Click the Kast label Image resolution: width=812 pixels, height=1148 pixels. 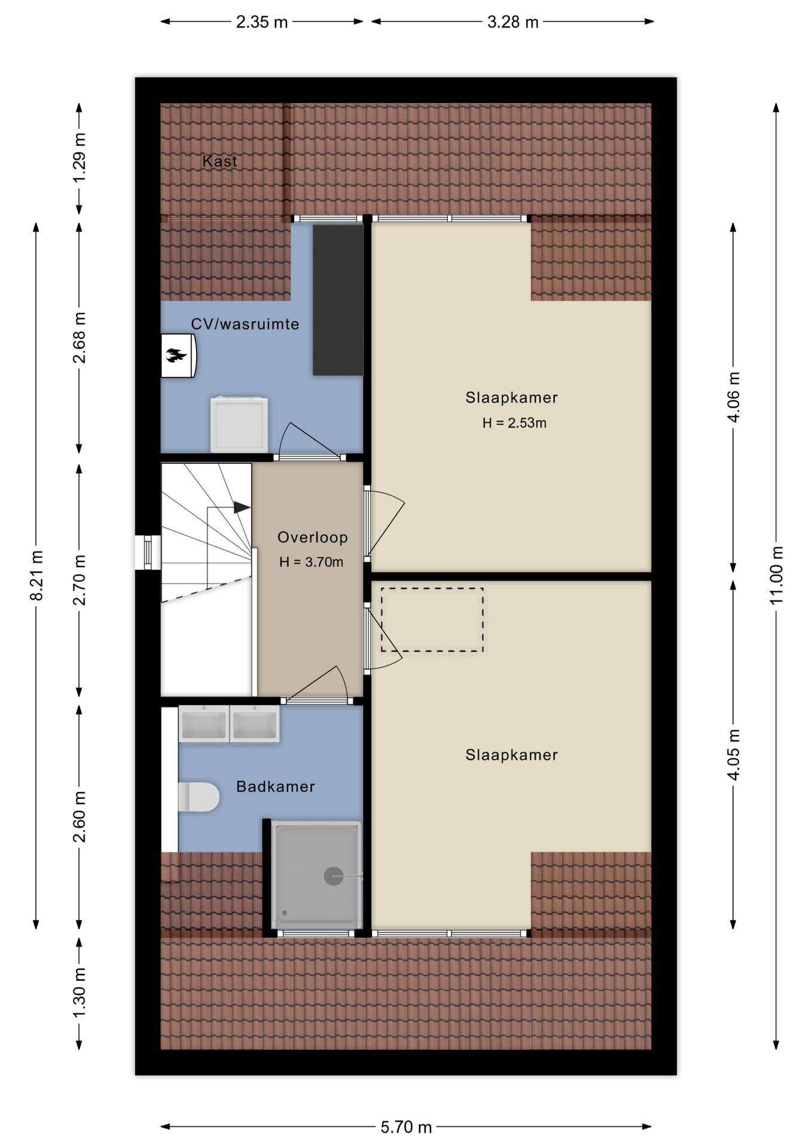[x=219, y=161]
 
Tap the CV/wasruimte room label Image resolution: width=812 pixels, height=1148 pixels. [x=245, y=324]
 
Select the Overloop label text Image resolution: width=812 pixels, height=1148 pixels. [x=312, y=537]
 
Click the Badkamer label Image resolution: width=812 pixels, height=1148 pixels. [x=275, y=786]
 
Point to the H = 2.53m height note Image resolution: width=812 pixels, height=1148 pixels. [x=514, y=423]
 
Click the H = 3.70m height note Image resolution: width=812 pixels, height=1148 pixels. [x=311, y=562]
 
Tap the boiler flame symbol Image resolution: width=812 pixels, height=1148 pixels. [x=176, y=356]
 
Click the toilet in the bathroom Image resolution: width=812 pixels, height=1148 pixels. [x=199, y=796]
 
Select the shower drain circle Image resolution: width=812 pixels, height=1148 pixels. [x=333, y=876]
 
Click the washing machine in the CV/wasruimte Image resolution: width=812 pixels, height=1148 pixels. [x=239, y=424]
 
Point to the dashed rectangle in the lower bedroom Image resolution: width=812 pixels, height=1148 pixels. [x=432, y=619]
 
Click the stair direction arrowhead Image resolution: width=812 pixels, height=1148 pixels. [x=242, y=507]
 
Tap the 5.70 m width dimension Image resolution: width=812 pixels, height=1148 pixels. [x=406, y=1127]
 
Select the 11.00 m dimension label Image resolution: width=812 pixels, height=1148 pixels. [x=776, y=575]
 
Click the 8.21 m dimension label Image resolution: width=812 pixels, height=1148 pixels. [x=36, y=575]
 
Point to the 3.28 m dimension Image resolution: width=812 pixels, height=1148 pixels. [x=512, y=22]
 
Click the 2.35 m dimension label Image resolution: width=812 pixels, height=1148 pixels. [x=262, y=22]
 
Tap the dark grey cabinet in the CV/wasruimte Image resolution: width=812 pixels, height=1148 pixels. [x=338, y=300]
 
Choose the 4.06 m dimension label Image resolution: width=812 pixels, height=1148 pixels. [x=734, y=397]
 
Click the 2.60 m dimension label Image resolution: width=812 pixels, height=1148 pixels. [x=80, y=816]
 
